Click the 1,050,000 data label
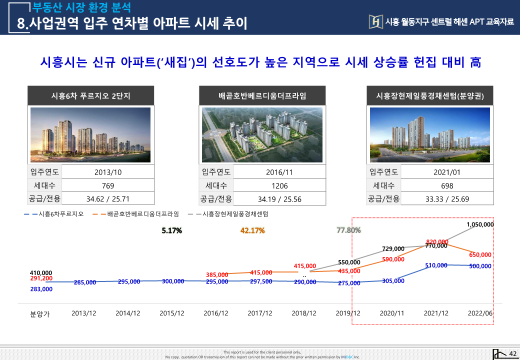click(x=480, y=224)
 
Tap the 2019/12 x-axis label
click(x=348, y=313)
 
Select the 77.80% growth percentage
click(x=348, y=230)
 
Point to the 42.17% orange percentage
click(x=252, y=230)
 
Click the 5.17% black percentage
click(x=171, y=230)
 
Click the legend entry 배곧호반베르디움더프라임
click(x=143, y=214)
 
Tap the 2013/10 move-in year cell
click(x=108, y=172)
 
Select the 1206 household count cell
click(x=279, y=185)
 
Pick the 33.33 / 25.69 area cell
click(x=447, y=198)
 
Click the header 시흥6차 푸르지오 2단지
click(x=90, y=95)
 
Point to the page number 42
click(x=512, y=354)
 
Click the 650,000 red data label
click(x=480, y=255)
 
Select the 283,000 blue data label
click(x=41, y=289)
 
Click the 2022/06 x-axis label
click(x=480, y=313)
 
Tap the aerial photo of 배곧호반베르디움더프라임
click(x=262, y=135)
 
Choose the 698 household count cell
click(x=447, y=185)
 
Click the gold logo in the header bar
click(x=375, y=21)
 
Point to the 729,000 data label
click(x=393, y=249)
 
